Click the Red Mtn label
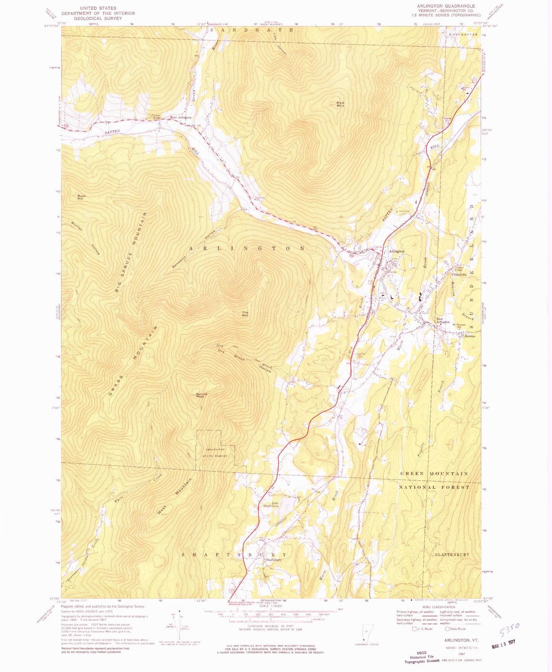(x=340, y=104)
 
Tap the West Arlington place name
(x=180, y=118)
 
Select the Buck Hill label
(x=82, y=198)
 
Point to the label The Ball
(x=245, y=314)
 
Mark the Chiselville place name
(x=460, y=275)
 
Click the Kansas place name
(x=469, y=336)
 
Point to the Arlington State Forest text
(x=216, y=453)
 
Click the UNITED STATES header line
(x=98, y=8)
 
